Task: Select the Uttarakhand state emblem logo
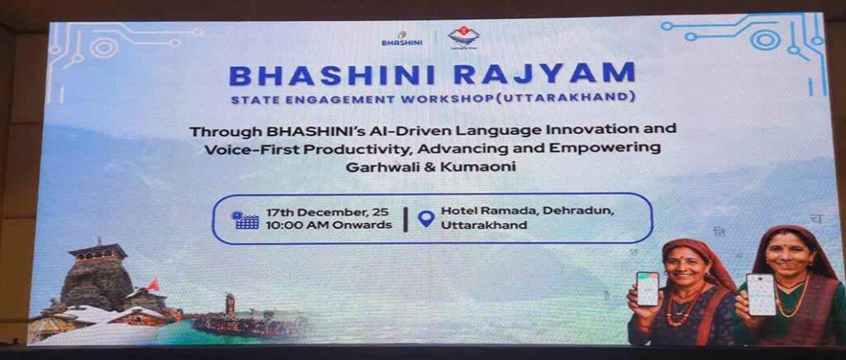463,37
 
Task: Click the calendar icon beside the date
245,219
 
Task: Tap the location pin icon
425,219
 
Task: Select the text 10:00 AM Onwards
329,225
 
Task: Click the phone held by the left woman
649,288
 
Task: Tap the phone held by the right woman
760,294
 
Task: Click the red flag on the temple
152,283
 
